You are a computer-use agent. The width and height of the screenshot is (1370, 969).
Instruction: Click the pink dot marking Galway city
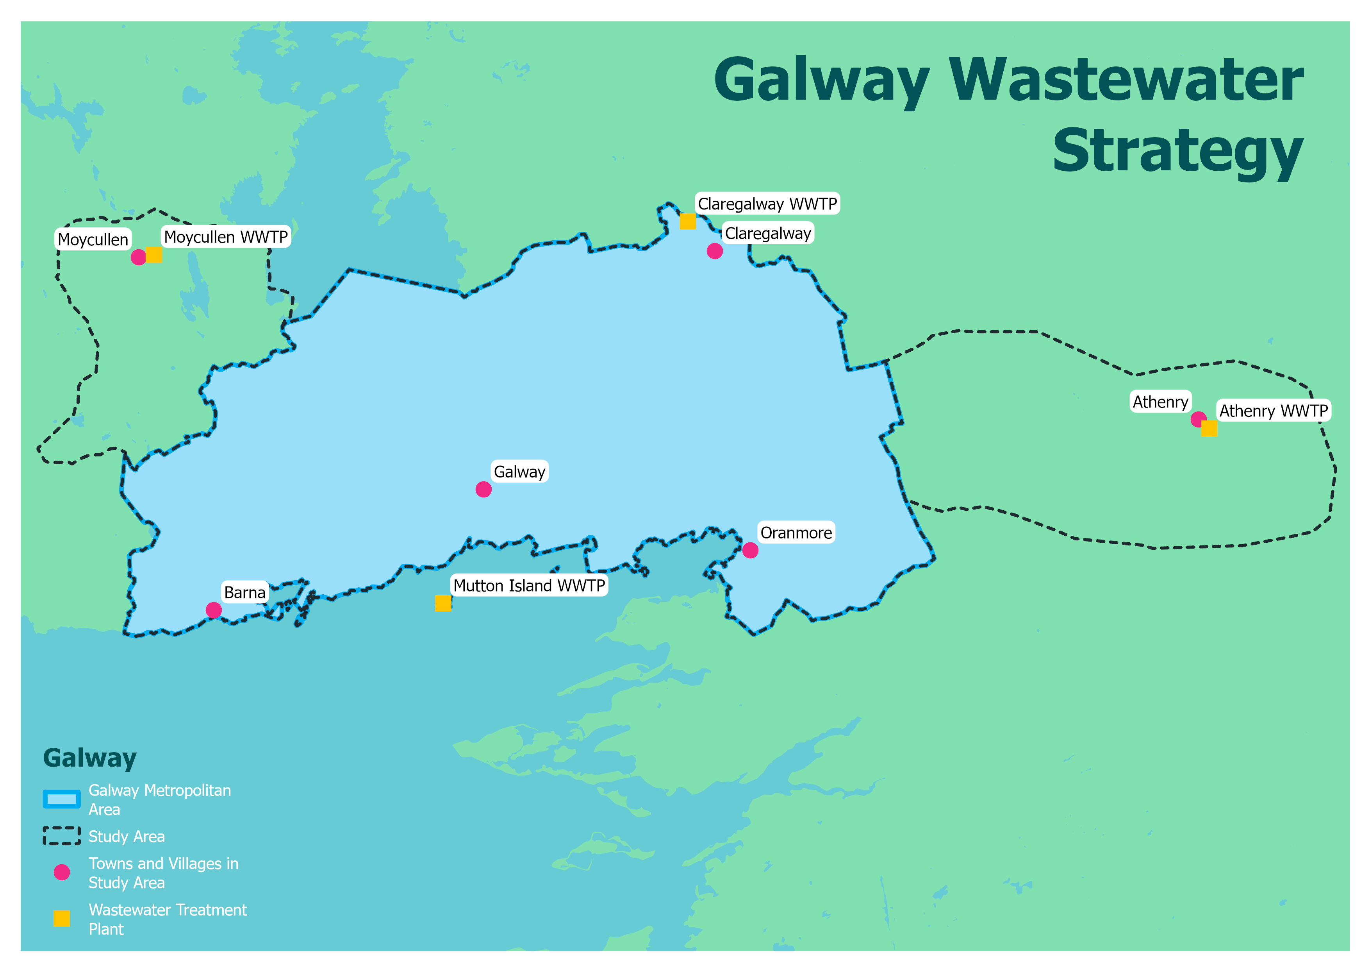coord(483,490)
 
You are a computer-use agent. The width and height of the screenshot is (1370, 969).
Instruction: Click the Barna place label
coord(244,592)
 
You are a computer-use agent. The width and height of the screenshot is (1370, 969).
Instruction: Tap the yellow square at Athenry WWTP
coord(1209,429)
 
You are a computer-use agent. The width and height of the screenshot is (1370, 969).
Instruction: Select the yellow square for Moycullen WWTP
coord(154,254)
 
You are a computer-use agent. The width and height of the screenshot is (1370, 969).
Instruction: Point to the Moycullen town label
coord(93,240)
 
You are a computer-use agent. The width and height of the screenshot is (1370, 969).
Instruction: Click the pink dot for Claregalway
coord(714,251)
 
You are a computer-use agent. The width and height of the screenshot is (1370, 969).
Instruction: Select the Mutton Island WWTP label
coord(529,586)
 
